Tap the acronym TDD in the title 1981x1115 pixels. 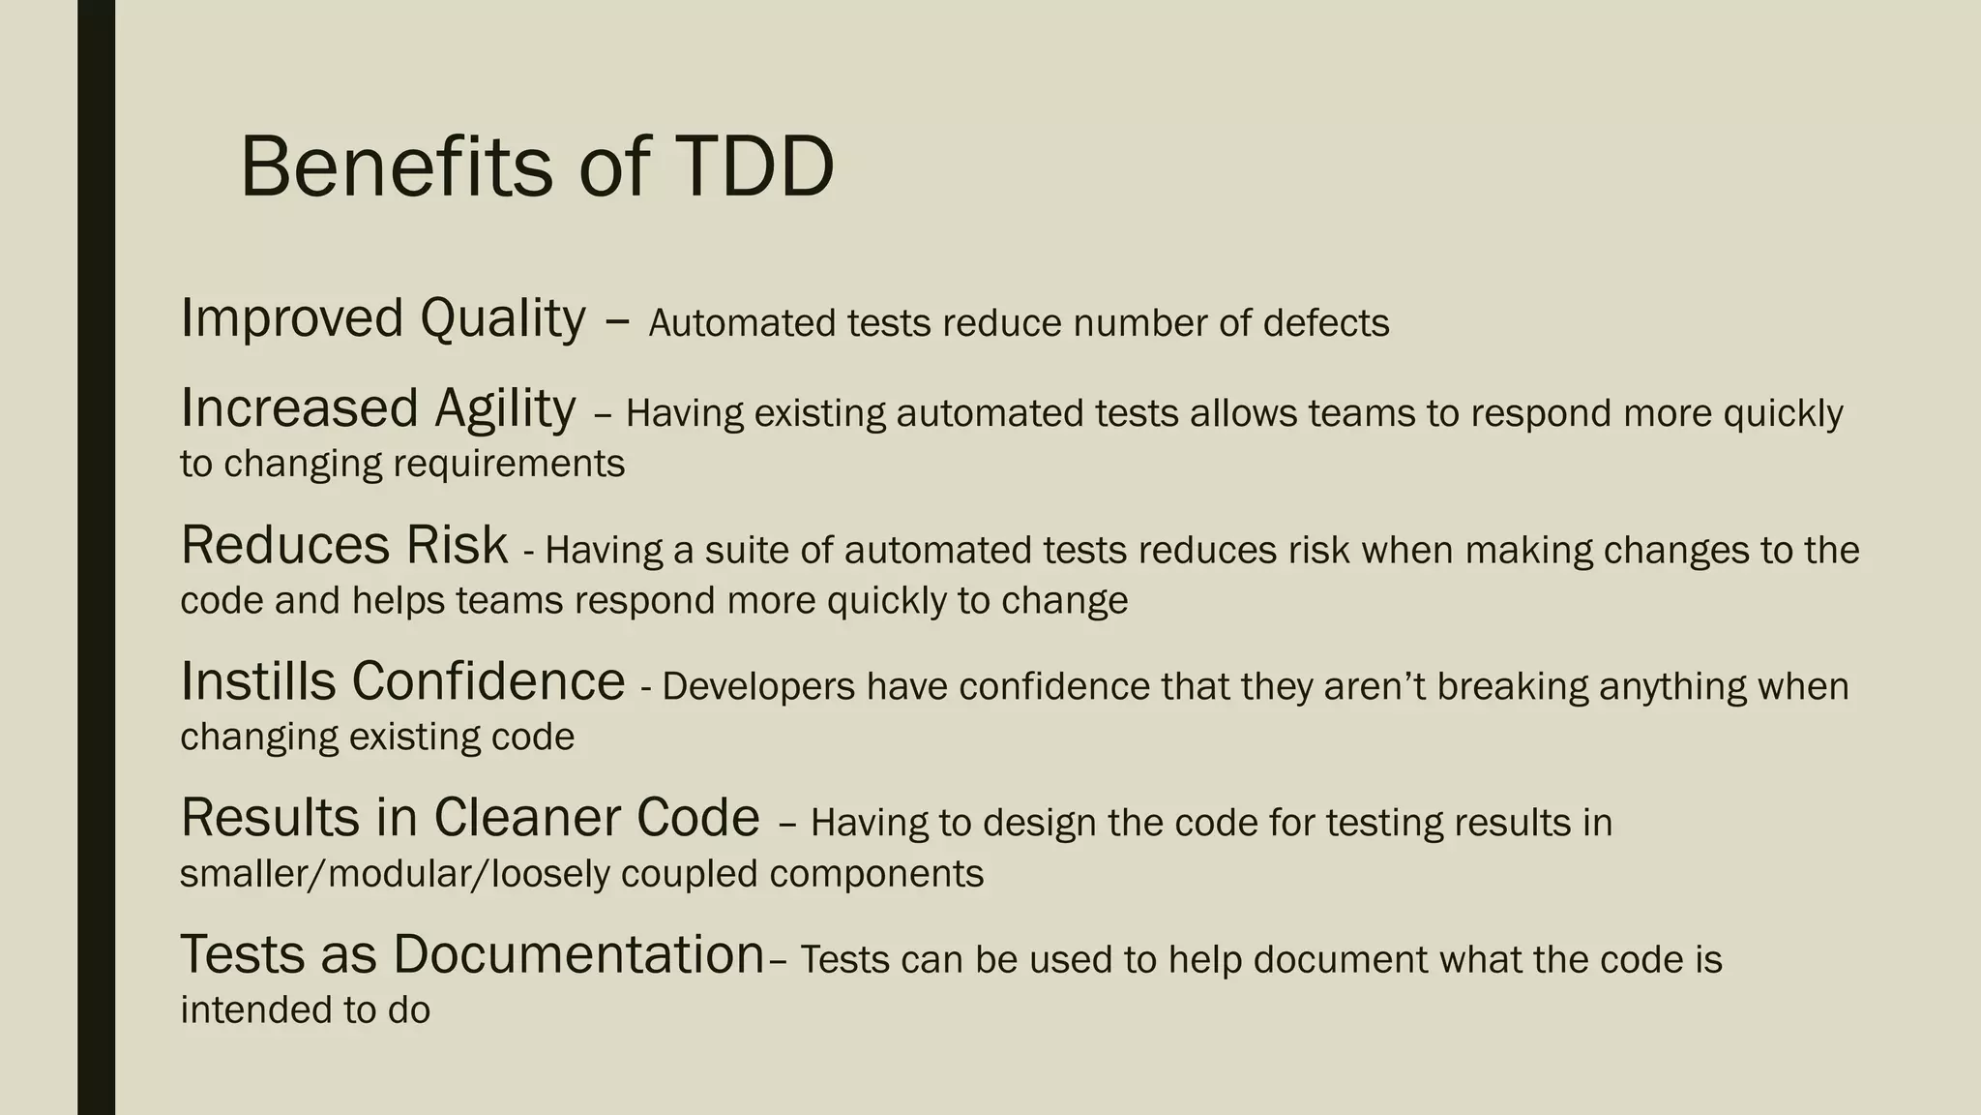point(754,166)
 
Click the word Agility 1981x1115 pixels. point(504,408)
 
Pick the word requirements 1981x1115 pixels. point(509,464)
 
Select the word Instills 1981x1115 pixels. point(258,681)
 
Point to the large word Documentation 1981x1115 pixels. point(578,954)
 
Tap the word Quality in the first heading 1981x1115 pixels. point(502,319)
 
